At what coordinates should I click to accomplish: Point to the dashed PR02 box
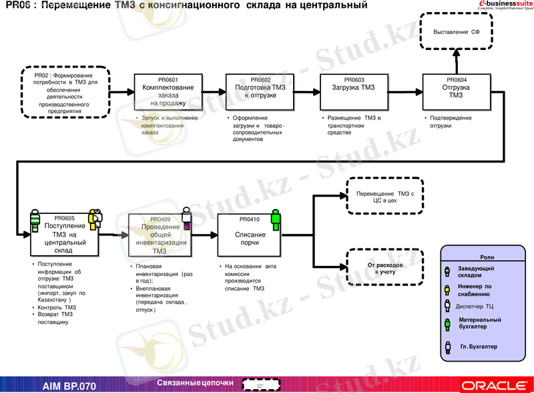tap(65, 93)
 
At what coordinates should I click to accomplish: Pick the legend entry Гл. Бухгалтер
tap(479, 347)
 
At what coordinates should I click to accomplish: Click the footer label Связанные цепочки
tap(196, 383)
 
